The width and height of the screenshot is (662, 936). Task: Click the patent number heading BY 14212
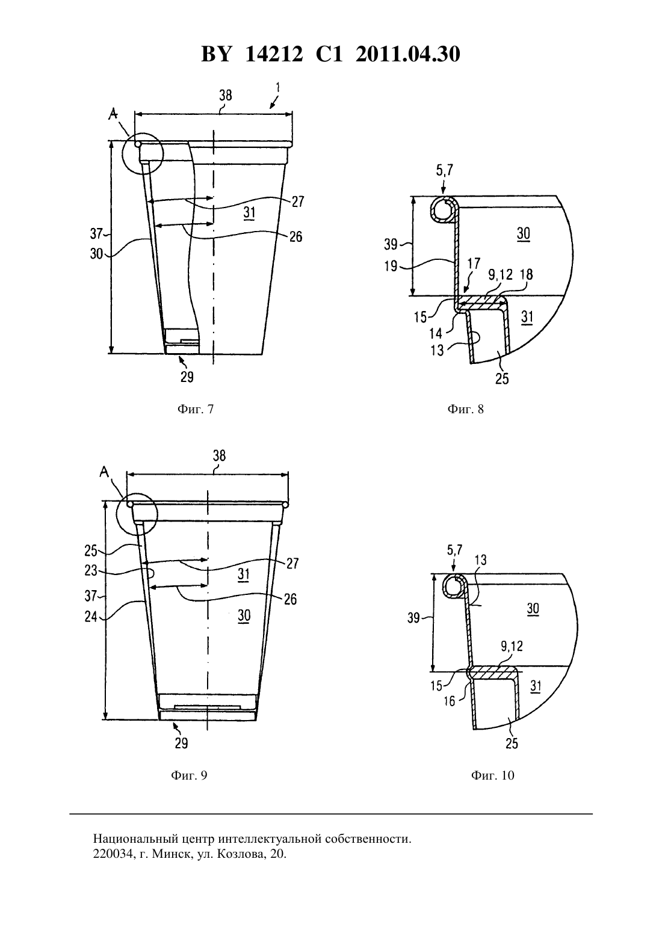click(x=252, y=54)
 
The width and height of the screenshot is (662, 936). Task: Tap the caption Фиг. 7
click(x=196, y=409)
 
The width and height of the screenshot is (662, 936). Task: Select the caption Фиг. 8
click(x=466, y=409)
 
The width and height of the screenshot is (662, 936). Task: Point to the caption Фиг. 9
click(x=189, y=775)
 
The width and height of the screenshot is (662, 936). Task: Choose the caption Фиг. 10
click(x=493, y=775)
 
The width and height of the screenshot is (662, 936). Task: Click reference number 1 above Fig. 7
click(x=278, y=87)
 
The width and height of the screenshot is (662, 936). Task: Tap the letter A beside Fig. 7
click(x=113, y=113)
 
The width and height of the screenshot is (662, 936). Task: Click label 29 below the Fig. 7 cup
click(x=187, y=377)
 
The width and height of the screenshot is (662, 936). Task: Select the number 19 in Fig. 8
click(x=391, y=266)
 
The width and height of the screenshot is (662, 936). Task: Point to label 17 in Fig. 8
click(x=473, y=263)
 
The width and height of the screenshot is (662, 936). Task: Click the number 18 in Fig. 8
click(x=527, y=274)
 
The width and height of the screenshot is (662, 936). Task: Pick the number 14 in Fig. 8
click(x=436, y=333)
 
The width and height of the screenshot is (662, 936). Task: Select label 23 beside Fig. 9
click(x=91, y=570)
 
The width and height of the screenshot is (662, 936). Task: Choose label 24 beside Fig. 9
click(x=91, y=617)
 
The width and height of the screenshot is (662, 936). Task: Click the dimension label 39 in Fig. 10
click(x=413, y=618)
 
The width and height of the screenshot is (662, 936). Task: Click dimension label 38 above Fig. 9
click(x=219, y=455)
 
